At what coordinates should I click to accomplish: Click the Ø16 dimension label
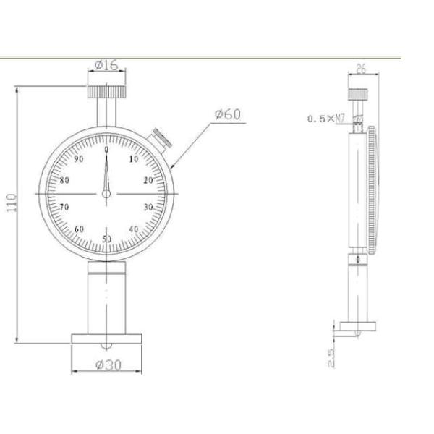(107, 66)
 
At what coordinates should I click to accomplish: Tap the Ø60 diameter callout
(227, 114)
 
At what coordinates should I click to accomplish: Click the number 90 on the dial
(79, 159)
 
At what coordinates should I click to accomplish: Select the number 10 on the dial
(133, 159)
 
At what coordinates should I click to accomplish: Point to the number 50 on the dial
(107, 239)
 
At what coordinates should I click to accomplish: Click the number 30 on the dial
(149, 207)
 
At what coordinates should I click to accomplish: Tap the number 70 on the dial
(64, 207)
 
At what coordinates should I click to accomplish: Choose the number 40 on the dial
(134, 229)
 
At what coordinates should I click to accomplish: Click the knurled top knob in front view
(107, 92)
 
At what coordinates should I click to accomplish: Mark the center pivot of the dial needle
(106, 194)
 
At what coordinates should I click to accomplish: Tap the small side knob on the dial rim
(160, 137)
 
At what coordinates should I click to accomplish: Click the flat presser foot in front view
(106, 339)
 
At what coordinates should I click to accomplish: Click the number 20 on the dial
(148, 181)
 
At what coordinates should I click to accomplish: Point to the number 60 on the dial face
(79, 229)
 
